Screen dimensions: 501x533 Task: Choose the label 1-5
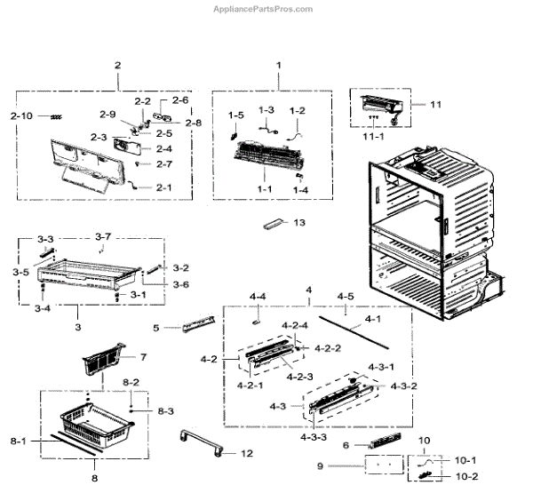coord(235,115)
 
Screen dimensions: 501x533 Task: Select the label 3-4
coord(42,308)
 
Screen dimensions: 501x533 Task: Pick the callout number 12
coord(246,453)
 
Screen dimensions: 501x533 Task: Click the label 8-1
coord(19,441)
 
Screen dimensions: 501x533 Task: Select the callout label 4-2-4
coord(296,326)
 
